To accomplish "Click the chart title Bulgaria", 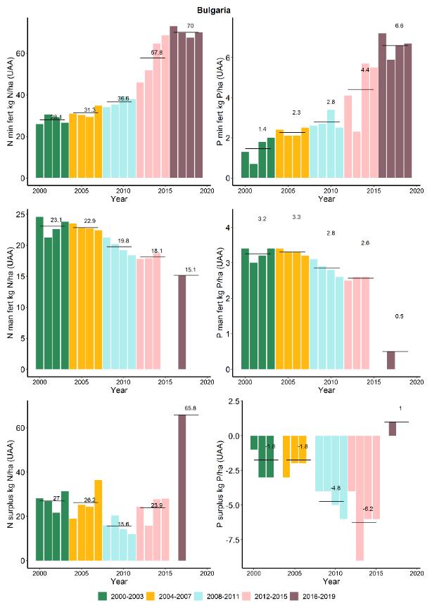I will (x=217, y=11).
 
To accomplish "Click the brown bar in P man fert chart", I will (x=391, y=360).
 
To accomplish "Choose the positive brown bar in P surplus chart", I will (x=392, y=429).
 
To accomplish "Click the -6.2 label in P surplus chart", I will (x=368, y=509).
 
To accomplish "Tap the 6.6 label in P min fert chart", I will (x=399, y=25).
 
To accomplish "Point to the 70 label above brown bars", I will (x=190, y=26).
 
